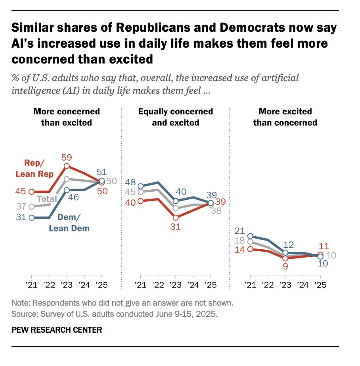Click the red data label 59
(x=67, y=157)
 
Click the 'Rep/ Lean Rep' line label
(x=34, y=169)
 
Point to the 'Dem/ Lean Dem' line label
(x=69, y=223)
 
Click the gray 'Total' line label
(x=46, y=198)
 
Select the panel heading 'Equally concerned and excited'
(x=175, y=117)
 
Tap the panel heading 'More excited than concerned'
(x=285, y=117)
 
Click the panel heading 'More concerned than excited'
(x=66, y=117)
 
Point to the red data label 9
(x=285, y=266)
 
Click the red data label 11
(x=324, y=246)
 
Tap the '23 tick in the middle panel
(x=175, y=284)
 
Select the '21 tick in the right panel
(x=249, y=284)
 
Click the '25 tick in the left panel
(x=101, y=284)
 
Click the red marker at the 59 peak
(x=67, y=166)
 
